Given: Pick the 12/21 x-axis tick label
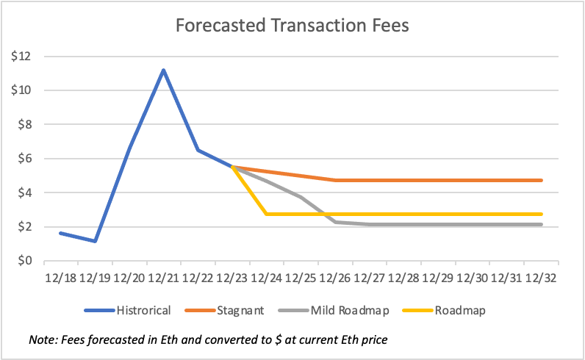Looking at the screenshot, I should pos(163,279).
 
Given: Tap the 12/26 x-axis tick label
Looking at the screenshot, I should pos(335,279).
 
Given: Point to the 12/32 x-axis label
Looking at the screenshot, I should pos(541,279).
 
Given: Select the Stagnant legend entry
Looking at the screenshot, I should pos(240,310).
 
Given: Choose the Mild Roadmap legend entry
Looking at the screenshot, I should pos(351,310).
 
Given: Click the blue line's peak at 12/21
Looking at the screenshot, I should pos(163,71).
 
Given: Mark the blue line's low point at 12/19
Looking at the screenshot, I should pos(95,241).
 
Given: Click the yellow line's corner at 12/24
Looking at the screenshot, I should pos(266,214).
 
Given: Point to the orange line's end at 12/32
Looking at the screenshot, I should pos(541,180).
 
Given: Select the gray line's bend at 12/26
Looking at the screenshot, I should pos(335,221).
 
